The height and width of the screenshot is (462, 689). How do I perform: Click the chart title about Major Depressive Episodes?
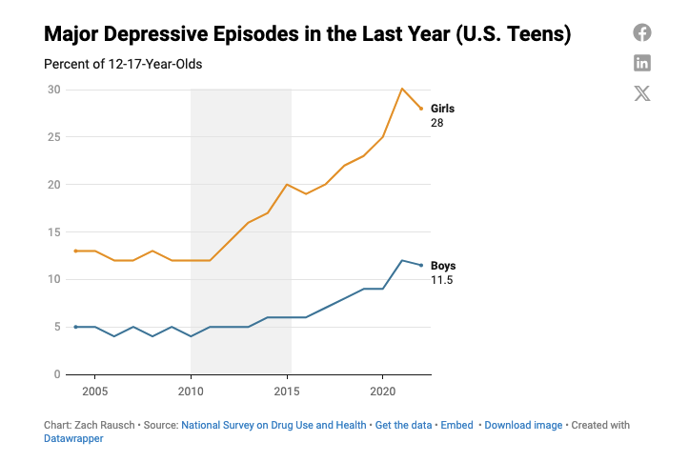(x=307, y=35)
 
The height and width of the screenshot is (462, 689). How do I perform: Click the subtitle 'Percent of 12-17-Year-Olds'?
(x=123, y=65)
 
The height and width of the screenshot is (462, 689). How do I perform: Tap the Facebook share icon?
(x=642, y=32)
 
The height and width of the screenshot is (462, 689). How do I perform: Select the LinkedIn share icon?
(x=642, y=63)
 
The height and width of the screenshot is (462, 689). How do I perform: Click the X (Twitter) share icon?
(x=642, y=93)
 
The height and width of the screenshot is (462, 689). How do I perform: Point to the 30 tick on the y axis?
(x=54, y=90)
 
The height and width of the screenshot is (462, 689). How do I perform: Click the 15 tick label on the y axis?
(x=54, y=231)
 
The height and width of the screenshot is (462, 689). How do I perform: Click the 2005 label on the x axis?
(x=94, y=392)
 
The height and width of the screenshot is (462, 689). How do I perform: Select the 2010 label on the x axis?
(x=191, y=392)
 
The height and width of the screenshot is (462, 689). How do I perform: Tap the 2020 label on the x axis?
(x=382, y=392)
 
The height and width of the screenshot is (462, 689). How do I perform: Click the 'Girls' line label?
(x=442, y=109)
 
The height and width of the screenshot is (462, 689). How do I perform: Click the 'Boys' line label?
(x=443, y=266)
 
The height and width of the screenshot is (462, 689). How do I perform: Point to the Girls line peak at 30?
(x=401, y=89)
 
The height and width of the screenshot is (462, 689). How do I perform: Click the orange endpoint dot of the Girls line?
(x=421, y=109)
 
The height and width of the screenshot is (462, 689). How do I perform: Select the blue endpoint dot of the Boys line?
(x=421, y=265)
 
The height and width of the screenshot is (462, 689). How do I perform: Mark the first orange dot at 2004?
(x=75, y=251)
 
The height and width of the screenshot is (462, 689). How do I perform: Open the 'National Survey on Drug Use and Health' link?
(x=274, y=425)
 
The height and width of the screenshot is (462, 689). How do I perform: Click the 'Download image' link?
(x=524, y=425)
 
